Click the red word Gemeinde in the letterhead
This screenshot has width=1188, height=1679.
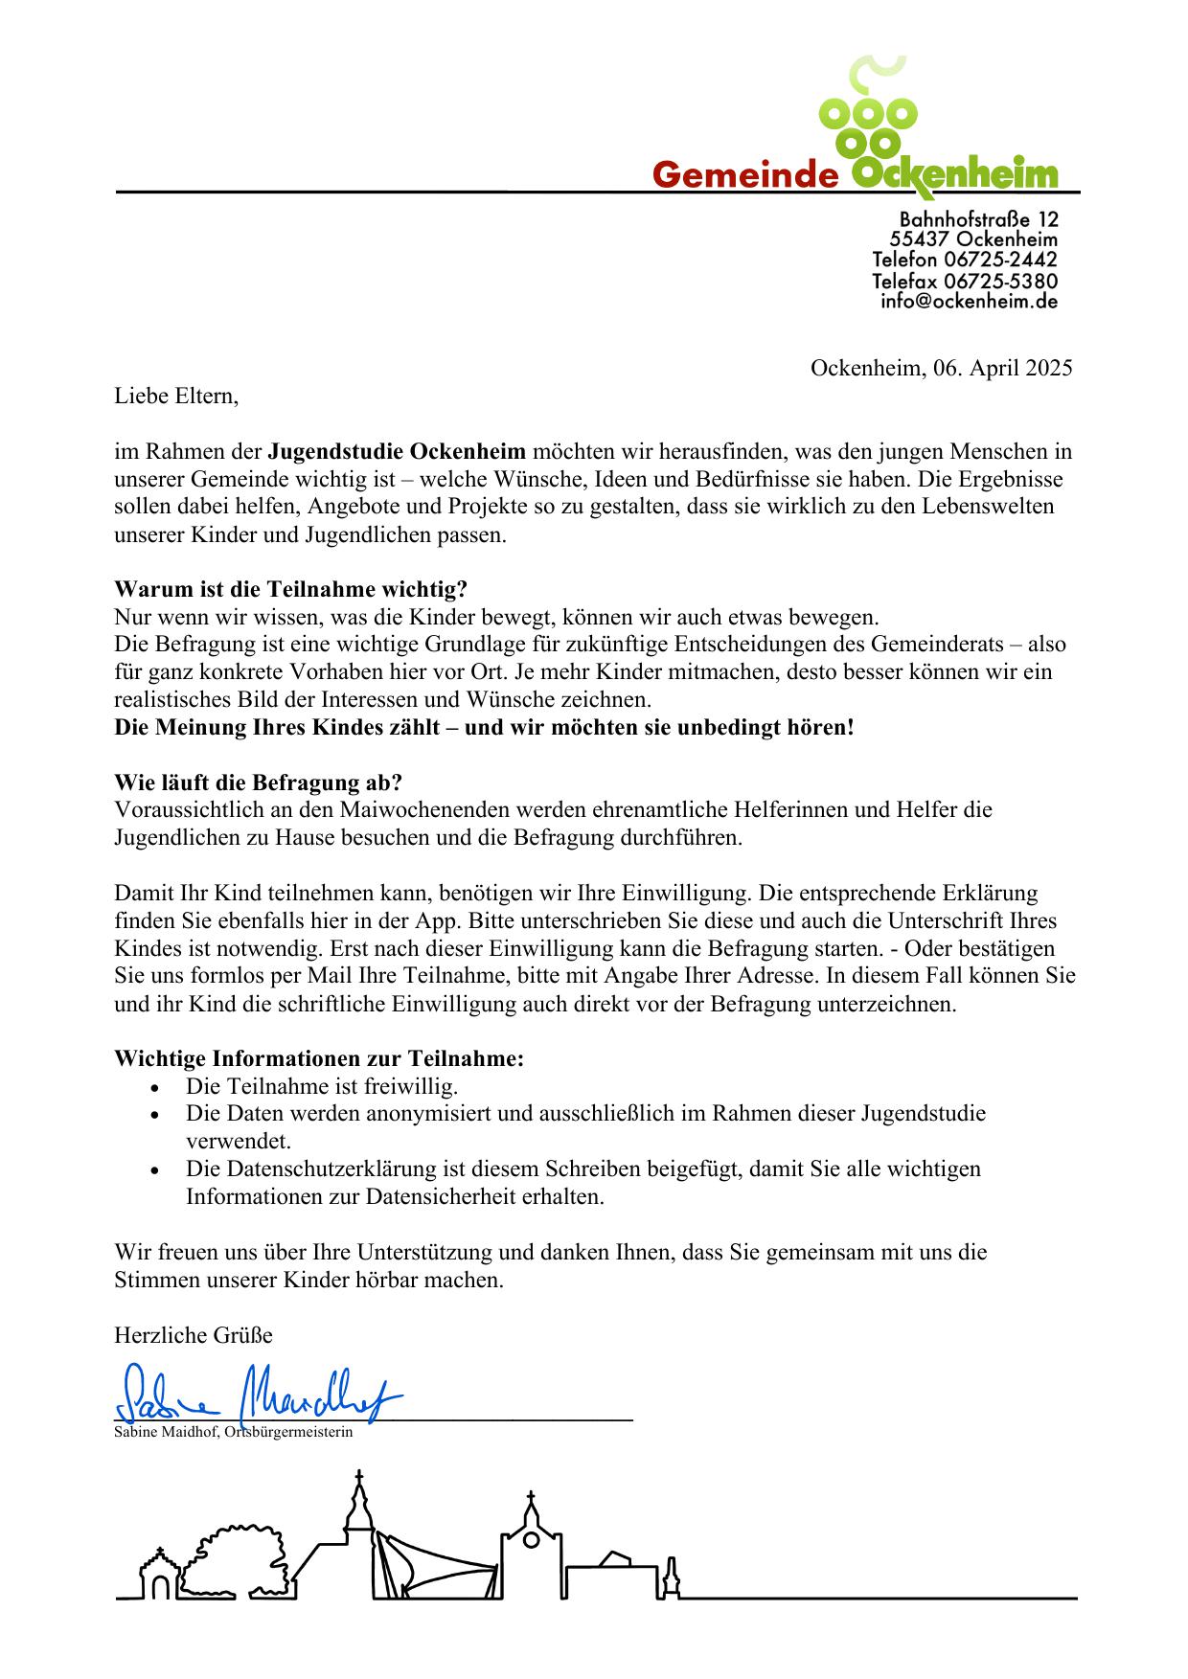click(744, 174)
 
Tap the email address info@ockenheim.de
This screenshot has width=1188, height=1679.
click(969, 301)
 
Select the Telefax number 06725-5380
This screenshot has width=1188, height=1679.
click(1000, 281)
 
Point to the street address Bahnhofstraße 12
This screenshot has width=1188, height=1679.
click(978, 219)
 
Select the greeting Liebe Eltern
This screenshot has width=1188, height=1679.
click(175, 396)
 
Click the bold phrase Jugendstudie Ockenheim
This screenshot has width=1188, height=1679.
click(397, 451)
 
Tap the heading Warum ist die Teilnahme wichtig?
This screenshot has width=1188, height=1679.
click(290, 588)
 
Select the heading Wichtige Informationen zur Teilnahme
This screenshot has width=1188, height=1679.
click(319, 1058)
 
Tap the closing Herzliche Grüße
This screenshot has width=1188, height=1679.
click(194, 1334)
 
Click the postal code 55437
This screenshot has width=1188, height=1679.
click(919, 239)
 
